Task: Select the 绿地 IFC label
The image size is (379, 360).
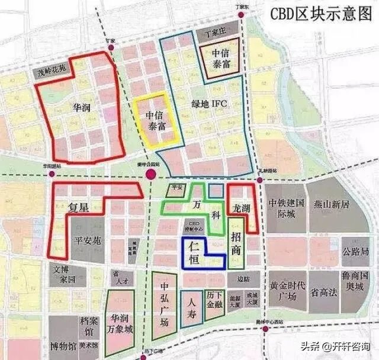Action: point(210,104)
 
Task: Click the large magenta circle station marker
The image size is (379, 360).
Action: point(151,175)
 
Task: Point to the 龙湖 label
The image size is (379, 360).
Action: point(242,208)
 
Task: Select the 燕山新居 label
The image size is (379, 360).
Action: point(339,205)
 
